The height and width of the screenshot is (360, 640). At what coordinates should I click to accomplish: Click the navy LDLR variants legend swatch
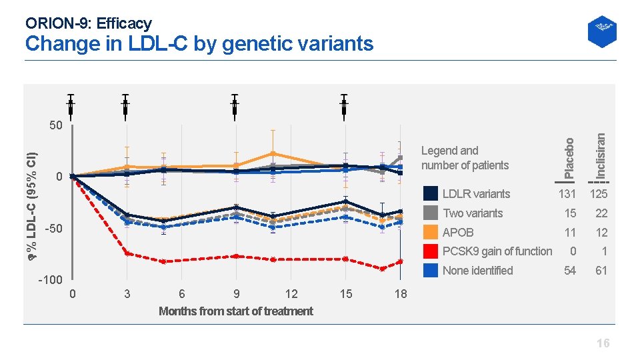(x=431, y=194)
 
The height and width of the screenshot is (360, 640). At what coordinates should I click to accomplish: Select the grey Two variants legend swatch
(x=431, y=213)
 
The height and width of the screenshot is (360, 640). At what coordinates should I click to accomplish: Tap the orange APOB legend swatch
(x=431, y=233)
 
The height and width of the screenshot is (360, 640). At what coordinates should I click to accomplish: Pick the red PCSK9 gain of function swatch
(x=431, y=251)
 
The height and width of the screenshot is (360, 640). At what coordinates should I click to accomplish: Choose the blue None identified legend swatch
(x=431, y=271)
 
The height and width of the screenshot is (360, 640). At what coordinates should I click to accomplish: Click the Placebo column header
(x=568, y=159)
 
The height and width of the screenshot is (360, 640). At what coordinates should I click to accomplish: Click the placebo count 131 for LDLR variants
(x=567, y=194)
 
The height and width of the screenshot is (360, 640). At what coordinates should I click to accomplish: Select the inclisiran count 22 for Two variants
(x=601, y=213)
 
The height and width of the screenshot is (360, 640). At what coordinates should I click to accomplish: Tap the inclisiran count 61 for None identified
(x=601, y=271)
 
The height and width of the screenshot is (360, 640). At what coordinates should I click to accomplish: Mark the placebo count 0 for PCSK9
(x=572, y=251)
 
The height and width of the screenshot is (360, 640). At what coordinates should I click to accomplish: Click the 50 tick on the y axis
(x=56, y=125)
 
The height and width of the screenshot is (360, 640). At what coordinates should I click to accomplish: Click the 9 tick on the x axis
(x=237, y=294)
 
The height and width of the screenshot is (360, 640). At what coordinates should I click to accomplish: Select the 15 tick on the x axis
(x=345, y=294)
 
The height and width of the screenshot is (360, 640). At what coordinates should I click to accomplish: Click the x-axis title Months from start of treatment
(x=235, y=311)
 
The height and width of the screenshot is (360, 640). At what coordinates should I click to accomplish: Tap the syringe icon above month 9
(x=235, y=105)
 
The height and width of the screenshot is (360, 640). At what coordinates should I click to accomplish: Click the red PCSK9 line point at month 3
(x=127, y=253)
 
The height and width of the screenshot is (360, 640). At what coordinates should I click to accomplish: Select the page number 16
(x=603, y=343)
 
